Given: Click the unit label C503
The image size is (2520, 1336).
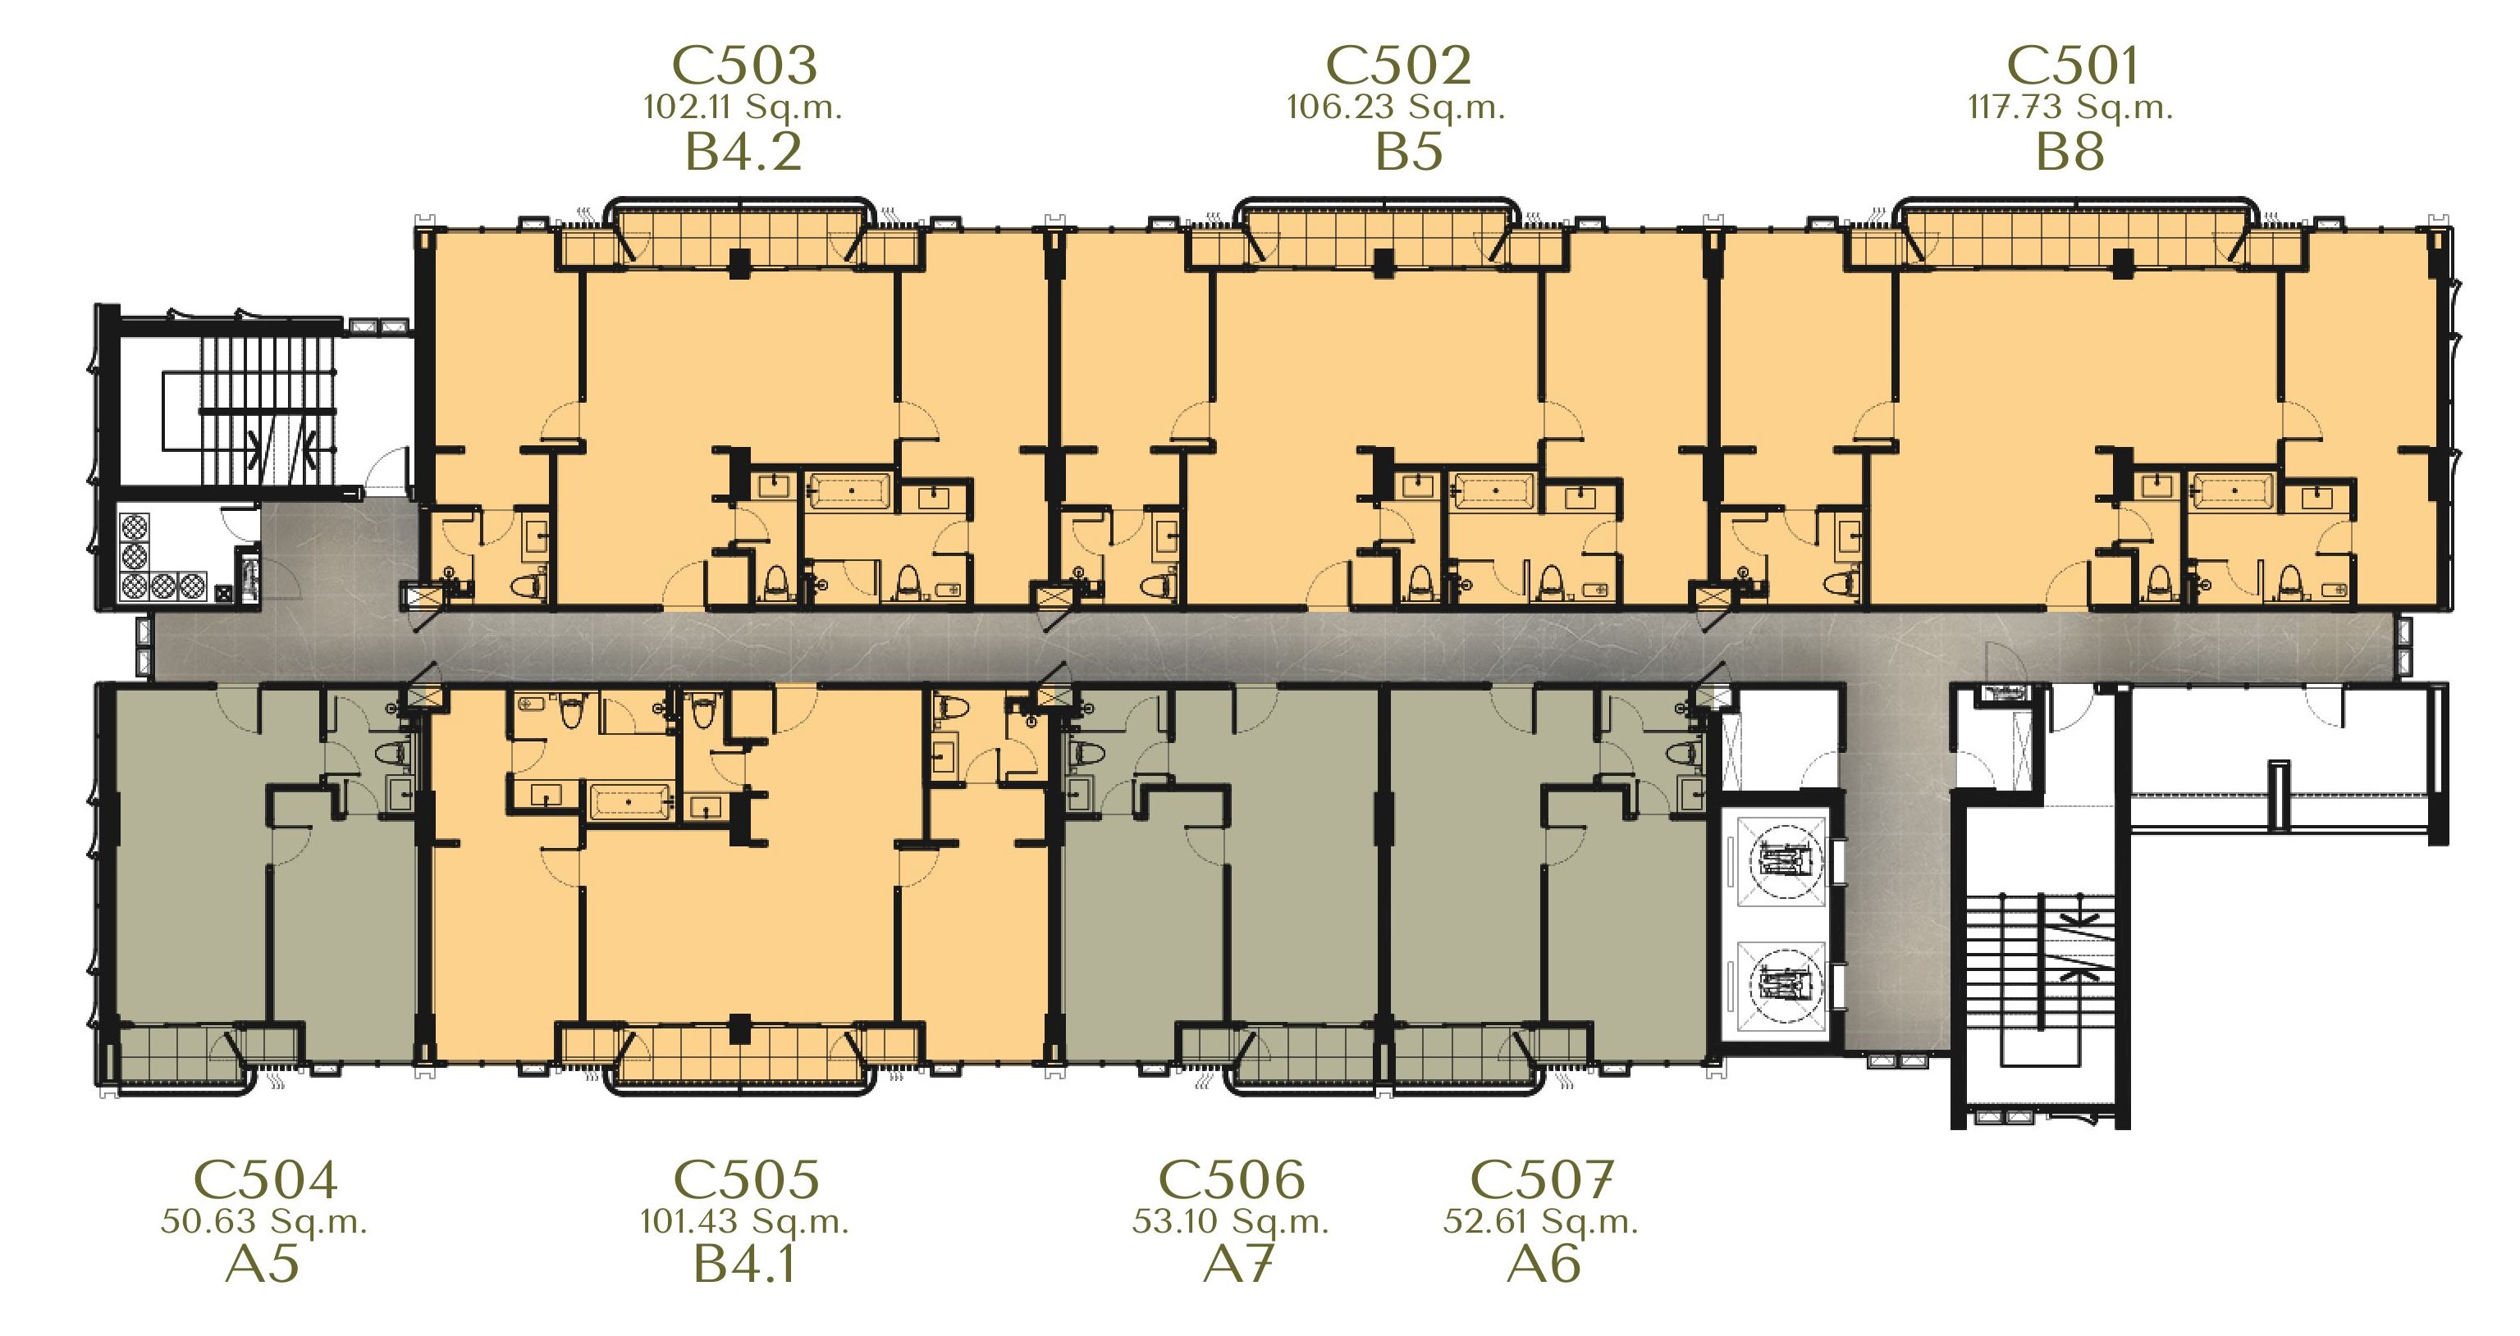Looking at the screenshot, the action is click(x=743, y=66).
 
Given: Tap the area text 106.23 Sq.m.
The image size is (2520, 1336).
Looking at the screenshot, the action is click(x=1395, y=107).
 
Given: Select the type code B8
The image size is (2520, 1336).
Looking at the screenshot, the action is click(x=2070, y=153).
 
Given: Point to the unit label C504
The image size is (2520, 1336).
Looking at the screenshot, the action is click(x=266, y=1179).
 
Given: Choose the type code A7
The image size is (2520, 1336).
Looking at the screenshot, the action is click(x=1237, y=1264).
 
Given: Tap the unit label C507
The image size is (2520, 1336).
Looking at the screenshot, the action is click(x=1542, y=1179).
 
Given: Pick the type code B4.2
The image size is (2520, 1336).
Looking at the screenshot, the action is click(x=743, y=153).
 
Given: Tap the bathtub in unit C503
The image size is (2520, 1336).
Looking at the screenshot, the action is click(x=849, y=491).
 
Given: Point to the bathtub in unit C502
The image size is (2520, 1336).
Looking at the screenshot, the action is click(x=1493, y=491).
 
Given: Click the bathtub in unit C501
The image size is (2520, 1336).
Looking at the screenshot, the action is click(x=2233, y=491).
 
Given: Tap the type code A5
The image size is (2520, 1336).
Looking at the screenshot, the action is click(x=262, y=1264).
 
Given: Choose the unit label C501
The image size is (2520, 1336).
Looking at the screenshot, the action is click(x=2072, y=66).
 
